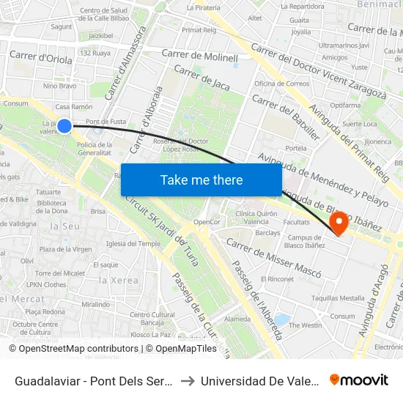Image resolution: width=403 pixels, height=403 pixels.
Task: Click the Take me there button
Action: (x=202, y=180)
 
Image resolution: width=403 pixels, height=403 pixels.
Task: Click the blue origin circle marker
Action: (x=64, y=126)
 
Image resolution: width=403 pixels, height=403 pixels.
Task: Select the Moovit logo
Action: (x=359, y=380)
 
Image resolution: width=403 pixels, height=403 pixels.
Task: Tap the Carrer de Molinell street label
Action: (x=200, y=56)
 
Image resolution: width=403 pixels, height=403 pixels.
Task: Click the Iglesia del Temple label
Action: (x=133, y=243)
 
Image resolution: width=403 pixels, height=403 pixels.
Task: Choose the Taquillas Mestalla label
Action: (x=338, y=298)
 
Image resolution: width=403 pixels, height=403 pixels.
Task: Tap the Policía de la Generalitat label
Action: (x=94, y=149)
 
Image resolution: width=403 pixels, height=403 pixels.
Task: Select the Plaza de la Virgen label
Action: (x=65, y=249)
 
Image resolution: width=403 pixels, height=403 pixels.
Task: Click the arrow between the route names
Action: (x=187, y=380)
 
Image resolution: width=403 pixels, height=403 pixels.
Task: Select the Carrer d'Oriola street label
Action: (x=38, y=57)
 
